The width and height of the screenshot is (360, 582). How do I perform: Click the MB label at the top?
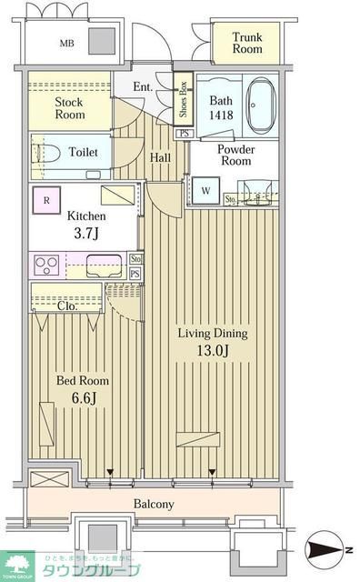[66, 43]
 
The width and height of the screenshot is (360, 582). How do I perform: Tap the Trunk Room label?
[246, 43]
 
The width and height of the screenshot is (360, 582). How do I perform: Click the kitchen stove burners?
[46, 266]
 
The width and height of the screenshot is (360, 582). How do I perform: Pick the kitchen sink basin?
[105, 266]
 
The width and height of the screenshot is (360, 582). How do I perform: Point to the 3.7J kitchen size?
[86, 234]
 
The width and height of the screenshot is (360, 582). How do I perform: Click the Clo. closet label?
[67, 306]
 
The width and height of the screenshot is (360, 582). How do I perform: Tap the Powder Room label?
[235, 156]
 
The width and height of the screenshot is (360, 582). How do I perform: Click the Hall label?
[160, 158]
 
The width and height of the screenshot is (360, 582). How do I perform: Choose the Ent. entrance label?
[143, 86]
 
